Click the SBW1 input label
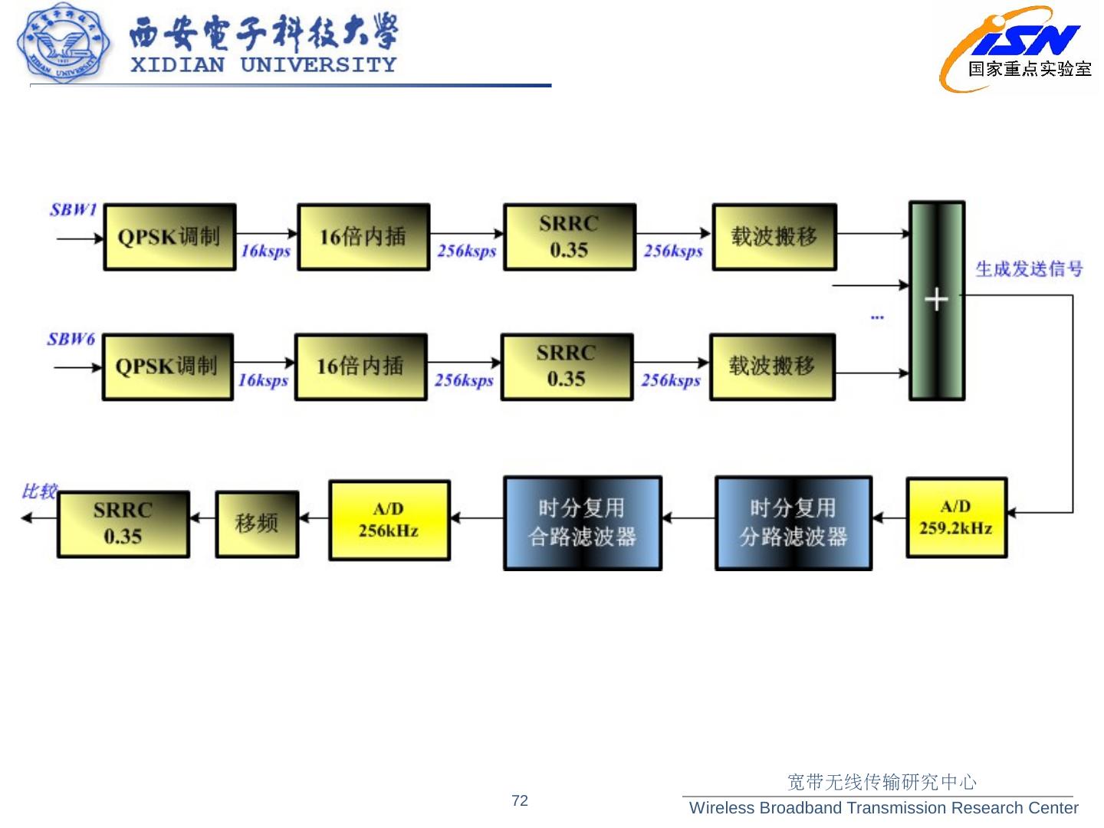(x=74, y=209)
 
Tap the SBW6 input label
(x=71, y=339)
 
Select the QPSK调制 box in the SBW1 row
(x=169, y=237)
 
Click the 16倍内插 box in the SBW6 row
(x=360, y=366)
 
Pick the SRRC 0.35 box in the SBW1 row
(x=569, y=237)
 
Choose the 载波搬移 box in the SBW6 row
(x=772, y=366)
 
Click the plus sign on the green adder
(x=936, y=299)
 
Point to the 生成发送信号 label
(x=1029, y=269)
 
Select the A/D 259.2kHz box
(x=956, y=517)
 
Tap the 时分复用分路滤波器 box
(x=793, y=523)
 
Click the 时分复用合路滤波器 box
(x=582, y=523)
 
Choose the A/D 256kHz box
(x=389, y=520)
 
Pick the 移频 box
(x=257, y=524)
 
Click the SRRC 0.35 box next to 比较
(x=123, y=524)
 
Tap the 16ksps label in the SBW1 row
(x=265, y=251)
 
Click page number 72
(x=520, y=800)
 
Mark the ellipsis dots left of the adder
(x=877, y=317)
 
